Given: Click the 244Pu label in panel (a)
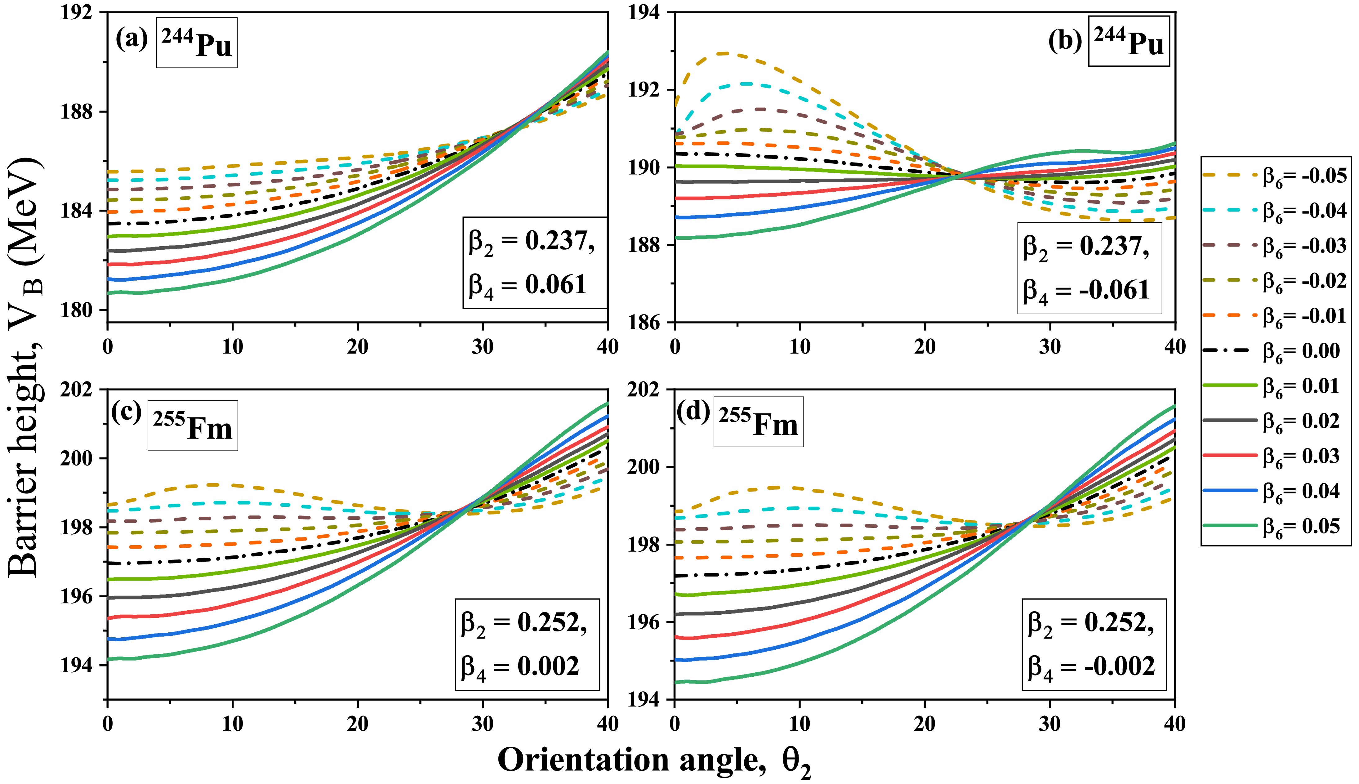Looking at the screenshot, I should click(197, 43).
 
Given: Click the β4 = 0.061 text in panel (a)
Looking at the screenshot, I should click(527, 284).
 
